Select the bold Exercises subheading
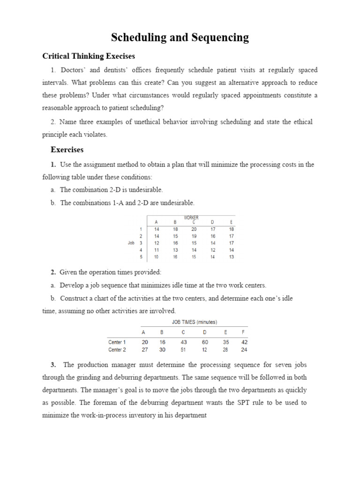click(x=67, y=150)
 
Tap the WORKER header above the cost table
click(x=191, y=217)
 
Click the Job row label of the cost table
click(x=131, y=243)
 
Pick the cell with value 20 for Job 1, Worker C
click(x=194, y=229)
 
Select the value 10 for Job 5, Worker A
click(x=157, y=257)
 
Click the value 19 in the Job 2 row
click(x=194, y=236)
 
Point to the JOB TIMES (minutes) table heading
click(x=194, y=322)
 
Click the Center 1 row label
click(x=117, y=342)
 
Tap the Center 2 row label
click(x=117, y=349)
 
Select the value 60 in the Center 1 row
click(x=205, y=342)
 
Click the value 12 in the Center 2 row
click(x=205, y=349)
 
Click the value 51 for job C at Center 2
click(x=183, y=349)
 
